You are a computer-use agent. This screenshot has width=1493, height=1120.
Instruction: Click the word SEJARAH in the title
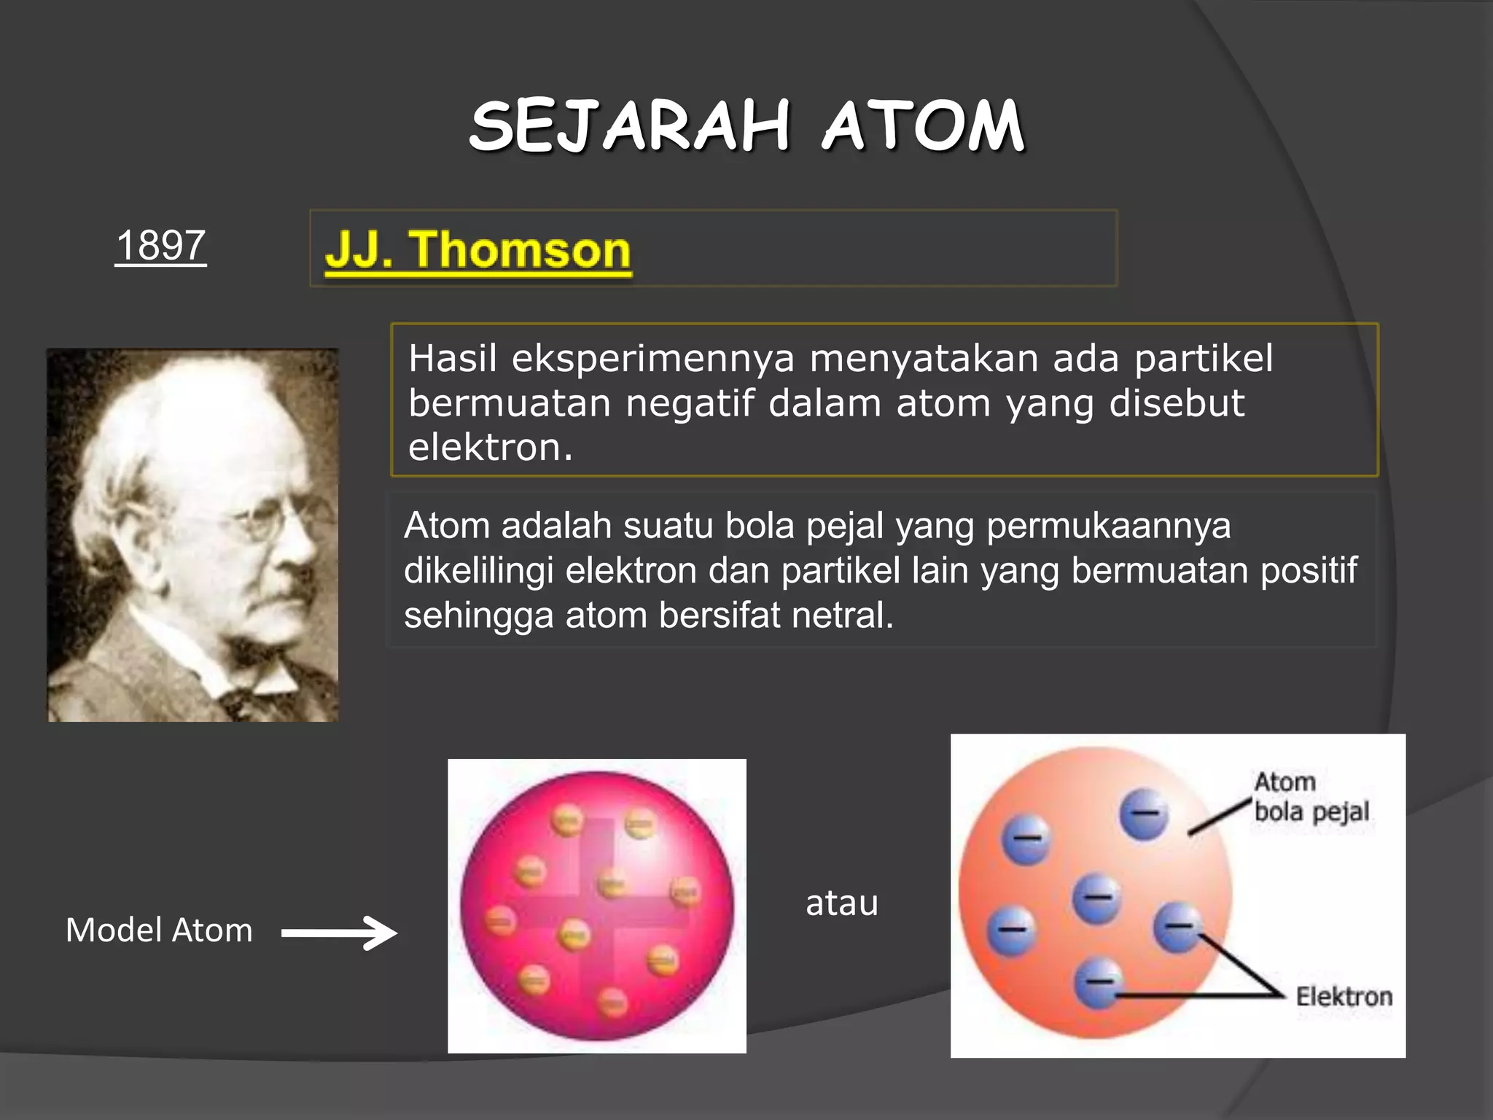click(x=629, y=127)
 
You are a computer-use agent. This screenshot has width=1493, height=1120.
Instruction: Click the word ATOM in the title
click(x=924, y=127)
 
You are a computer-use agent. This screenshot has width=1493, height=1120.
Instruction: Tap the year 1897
click(x=160, y=246)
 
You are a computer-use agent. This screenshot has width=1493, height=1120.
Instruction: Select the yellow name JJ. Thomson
click(x=478, y=250)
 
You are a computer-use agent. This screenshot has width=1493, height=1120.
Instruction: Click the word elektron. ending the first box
click(x=490, y=448)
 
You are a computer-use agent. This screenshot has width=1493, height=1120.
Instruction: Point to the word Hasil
click(x=452, y=359)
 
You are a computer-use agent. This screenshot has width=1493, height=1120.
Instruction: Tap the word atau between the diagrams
click(x=842, y=903)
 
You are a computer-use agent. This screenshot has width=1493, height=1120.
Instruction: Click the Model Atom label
click(x=159, y=930)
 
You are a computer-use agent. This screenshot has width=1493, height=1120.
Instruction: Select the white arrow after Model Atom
click(x=340, y=933)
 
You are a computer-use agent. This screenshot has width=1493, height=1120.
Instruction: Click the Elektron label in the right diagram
click(x=1344, y=996)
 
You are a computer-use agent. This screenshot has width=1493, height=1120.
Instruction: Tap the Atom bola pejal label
click(x=1311, y=797)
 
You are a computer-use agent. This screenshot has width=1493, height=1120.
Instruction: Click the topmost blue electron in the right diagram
click(x=1143, y=814)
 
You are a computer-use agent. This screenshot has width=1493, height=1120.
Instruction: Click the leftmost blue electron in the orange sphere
click(x=1011, y=930)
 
